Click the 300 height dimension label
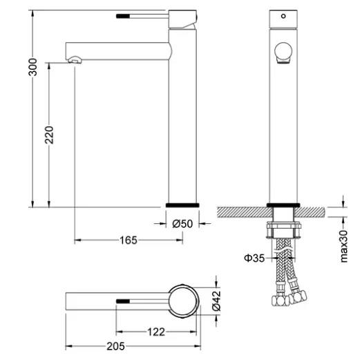(32, 67)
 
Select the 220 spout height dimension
(49, 135)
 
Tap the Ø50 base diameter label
(182, 223)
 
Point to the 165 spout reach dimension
(128, 240)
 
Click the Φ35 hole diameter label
(254, 258)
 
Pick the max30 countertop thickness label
(344, 246)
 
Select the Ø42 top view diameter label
(216, 301)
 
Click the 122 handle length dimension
(156, 332)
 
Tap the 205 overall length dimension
(115, 346)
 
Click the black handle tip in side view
(123, 16)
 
